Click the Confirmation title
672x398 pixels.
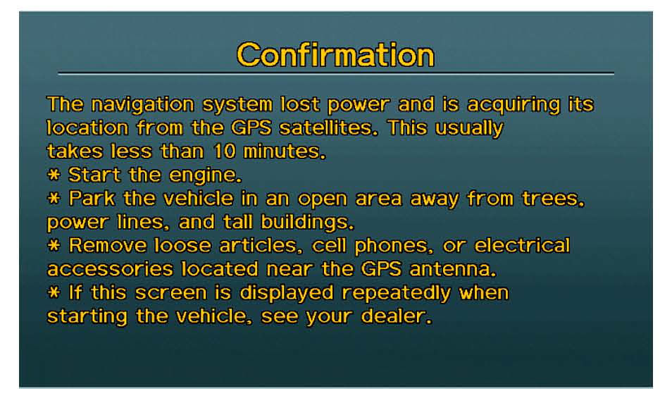coord(335,55)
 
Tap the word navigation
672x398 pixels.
coord(143,104)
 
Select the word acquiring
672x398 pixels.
coord(514,105)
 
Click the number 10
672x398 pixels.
coord(225,151)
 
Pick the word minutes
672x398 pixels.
coord(285,151)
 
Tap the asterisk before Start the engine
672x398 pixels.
coord(54,175)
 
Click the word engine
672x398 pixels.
coord(205,175)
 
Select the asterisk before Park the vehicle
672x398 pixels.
coord(54,198)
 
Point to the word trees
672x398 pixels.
coord(553,199)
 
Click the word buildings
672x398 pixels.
coord(307,223)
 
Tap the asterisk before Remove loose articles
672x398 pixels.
coord(54,245)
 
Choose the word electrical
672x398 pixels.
coord(522,245)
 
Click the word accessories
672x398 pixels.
coord(110,270)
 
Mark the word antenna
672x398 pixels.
coord(452,270)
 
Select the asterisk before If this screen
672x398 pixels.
coord(54,292)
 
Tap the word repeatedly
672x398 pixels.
coord(397,294)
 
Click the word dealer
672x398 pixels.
coord(396,316)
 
